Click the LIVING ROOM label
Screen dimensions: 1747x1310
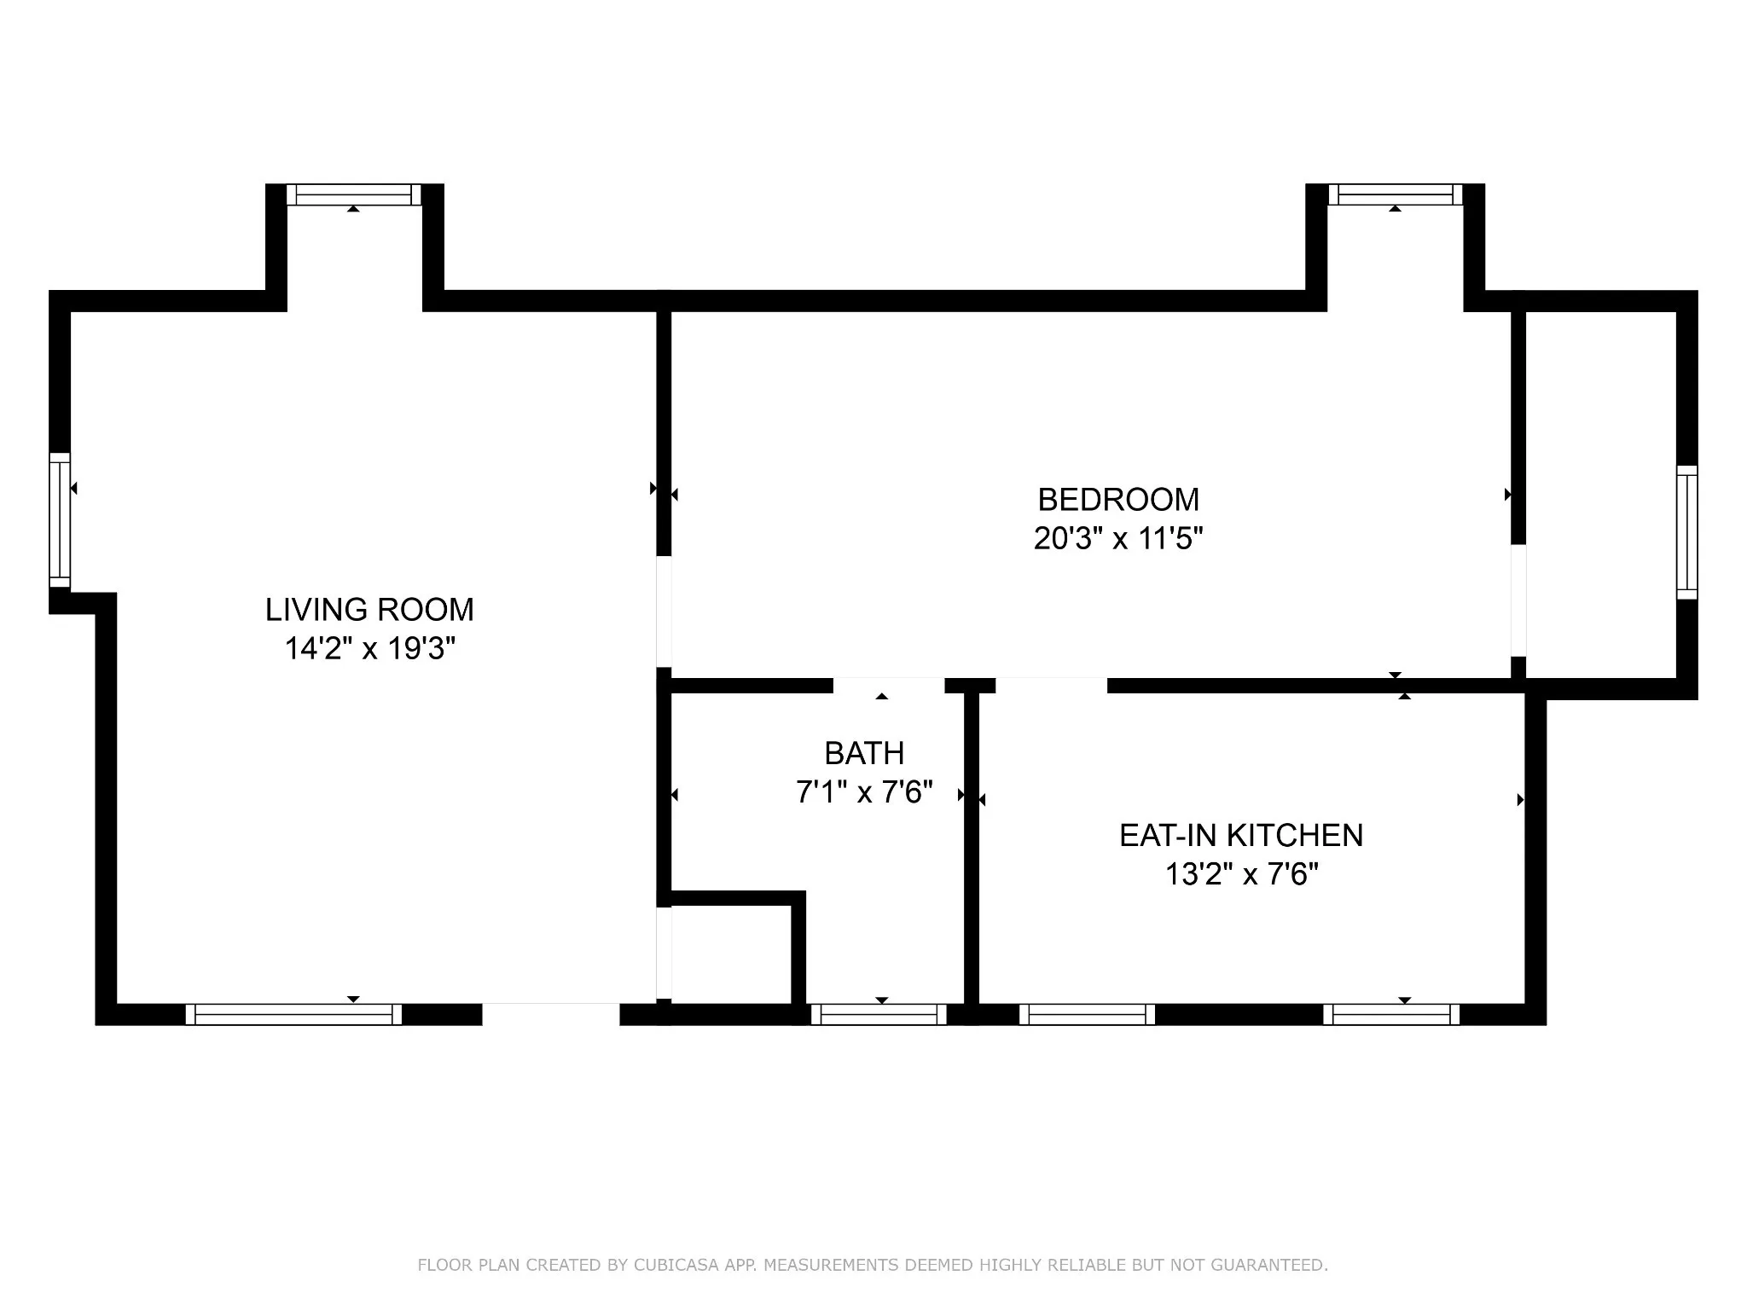(369, 610)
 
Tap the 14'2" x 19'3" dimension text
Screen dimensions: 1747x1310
(369, 649)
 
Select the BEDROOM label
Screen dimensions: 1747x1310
(1118, 499)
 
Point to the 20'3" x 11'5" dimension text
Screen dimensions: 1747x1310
(1118, 538)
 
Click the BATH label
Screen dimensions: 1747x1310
(864, 753)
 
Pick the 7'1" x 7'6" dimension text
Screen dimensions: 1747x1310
(864, 792)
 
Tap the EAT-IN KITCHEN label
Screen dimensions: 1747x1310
(1241, 835)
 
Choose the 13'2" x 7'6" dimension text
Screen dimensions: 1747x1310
(1241, 874)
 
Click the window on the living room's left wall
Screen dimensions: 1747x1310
(60, 520)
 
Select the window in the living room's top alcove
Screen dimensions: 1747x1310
(354, 194)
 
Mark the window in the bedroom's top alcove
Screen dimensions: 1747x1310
(1396, 194)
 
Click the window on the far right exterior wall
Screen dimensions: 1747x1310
(1687, 532)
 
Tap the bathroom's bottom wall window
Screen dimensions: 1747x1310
(879, 1014)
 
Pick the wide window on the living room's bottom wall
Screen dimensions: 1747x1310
(293, 1014)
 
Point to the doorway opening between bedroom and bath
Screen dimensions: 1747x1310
(889, 686)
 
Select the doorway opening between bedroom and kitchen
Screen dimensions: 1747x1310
(1051, 686)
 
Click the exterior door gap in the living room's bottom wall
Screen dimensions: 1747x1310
(551, 1014)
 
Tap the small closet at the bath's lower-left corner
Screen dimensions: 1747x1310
(732, 954)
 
